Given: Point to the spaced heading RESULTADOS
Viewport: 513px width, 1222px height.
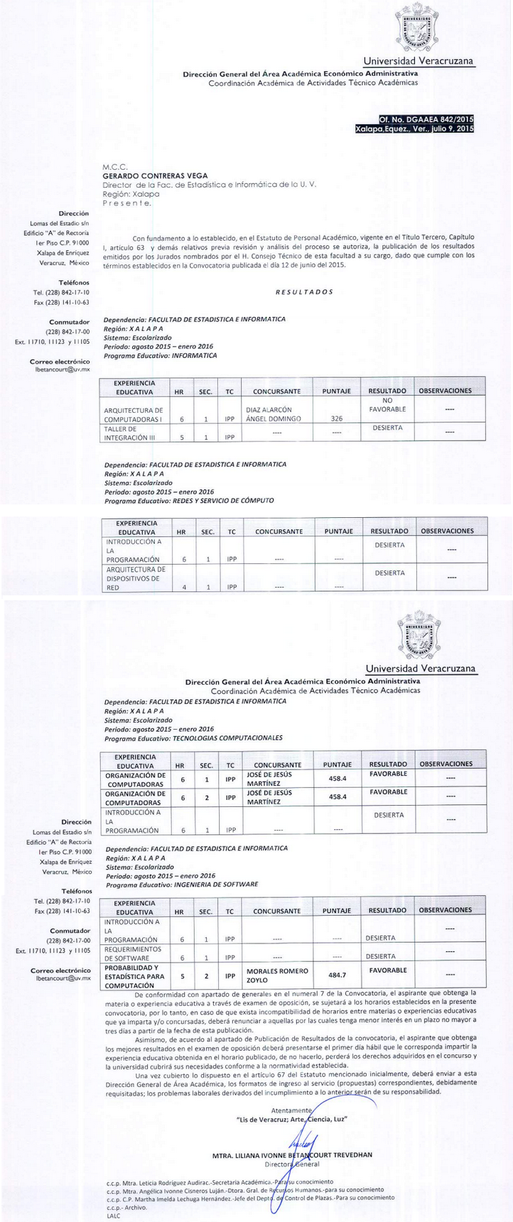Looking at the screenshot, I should pyautogui.click(x=303, y=292).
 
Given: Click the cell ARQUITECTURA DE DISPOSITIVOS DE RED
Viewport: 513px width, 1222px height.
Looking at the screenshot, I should pyautogui.click(x=135, y=578).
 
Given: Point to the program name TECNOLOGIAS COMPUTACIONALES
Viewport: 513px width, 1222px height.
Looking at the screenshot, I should pyautogui.click(x=227, y=738).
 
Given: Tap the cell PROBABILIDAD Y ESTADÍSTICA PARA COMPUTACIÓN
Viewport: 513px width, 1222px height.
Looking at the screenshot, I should pyautogui.click(x=134, y=977).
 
